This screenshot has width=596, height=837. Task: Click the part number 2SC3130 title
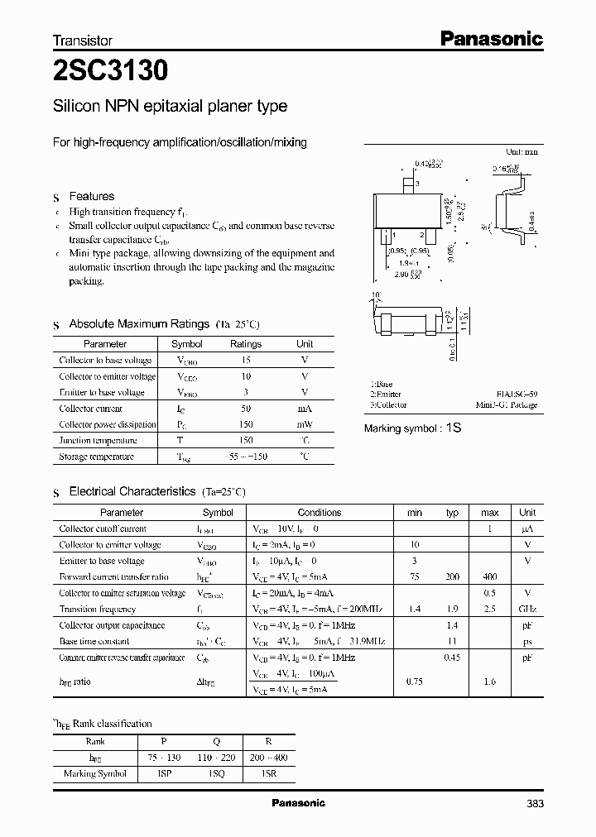pyautogui.click(x=110, y=71)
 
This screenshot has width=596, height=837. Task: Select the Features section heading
pyautogui.click(x=91, y=197)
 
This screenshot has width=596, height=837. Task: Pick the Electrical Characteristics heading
pyautogui.click(x=132, y=491)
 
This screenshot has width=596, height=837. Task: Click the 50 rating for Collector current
pyautogui.click(x=246, y=409)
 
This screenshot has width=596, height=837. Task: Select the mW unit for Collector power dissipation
pyautogui.click(x=305, y=424)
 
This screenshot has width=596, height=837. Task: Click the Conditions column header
pyautogui.click(x=320, y=513)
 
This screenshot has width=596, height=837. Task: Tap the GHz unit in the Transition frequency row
pyautogui.click(x=526, y=609)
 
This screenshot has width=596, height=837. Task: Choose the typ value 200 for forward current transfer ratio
pyautogui.click(x=452, y=576)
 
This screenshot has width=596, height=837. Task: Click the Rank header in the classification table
pyautogui.click(x=95, y=742)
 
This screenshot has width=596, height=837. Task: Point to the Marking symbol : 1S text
pyautogui.click(x=412, y=428)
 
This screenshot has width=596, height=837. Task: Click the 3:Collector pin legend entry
pyautogui.click(x=389, y=405)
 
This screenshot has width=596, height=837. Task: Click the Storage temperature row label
pyautogui.click(x=96, y=457)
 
